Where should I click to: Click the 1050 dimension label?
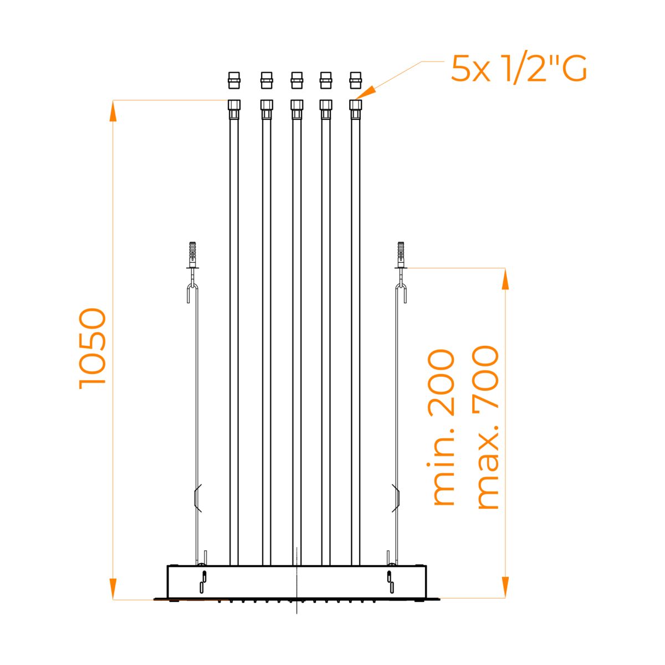coord(93,349)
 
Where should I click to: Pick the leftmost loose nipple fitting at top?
coord(234,80)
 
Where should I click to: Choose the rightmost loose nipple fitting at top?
coord(355,80)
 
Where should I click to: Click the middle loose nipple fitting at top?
coord(297,80)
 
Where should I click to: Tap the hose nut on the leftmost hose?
coord(234,109)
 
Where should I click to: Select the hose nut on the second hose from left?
coord(267,109)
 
